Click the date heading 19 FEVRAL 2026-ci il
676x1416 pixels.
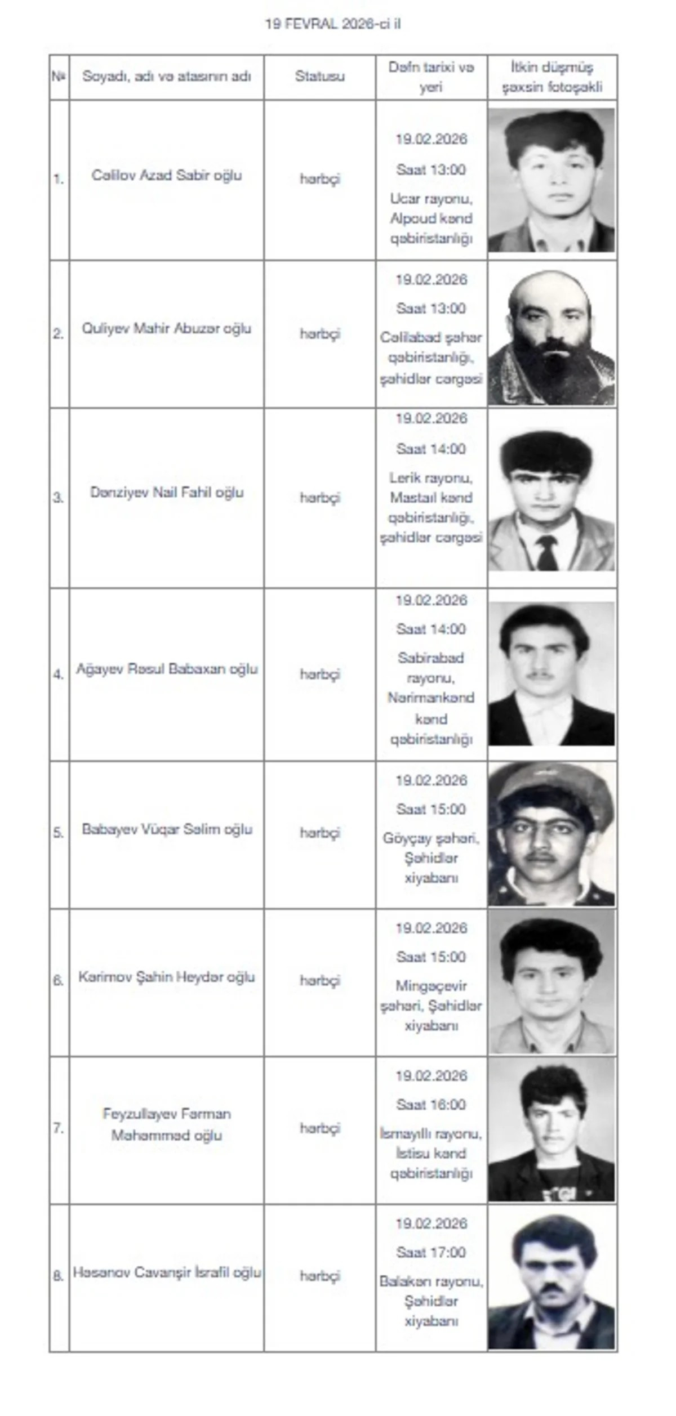(333, 24)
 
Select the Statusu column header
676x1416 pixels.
(319, 77)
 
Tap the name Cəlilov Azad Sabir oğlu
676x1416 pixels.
(167, 175)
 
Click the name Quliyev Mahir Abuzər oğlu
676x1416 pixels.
(167, 328)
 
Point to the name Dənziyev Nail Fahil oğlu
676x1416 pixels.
(167, 493)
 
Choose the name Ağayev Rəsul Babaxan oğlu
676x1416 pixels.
(167, 669)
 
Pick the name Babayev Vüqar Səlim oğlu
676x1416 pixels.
(167, 829)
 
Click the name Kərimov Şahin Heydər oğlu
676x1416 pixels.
(167, 977)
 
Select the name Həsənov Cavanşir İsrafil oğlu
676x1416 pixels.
(167, 1273)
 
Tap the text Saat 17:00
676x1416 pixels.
(431, 1253)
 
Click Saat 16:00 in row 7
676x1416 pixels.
(431, 1105)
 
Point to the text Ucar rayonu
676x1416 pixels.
(431, 199)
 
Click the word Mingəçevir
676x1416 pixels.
(431, 986)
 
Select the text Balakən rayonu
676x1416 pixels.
(431, 1282)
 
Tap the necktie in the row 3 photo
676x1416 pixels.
(547, 552)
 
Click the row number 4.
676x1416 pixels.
(59, 674)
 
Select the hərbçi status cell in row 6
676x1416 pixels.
(319, 981)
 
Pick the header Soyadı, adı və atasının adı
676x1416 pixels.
(167, 77)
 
